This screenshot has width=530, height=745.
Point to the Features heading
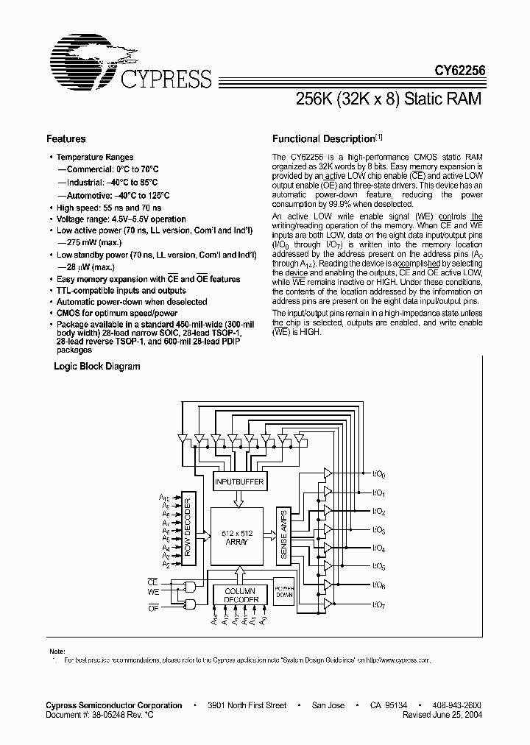[x=66, y=139]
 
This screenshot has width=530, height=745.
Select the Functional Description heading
[x=324, y=139]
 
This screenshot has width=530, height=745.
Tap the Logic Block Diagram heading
[x=97, y=367]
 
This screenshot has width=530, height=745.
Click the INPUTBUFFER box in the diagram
[x=239, y=482]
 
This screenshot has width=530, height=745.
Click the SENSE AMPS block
[x=283, y=535]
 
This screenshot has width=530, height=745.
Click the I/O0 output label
[x=379, y=475]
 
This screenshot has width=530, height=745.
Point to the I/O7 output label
[x=379, y=604]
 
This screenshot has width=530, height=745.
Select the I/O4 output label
[x=379, y=548]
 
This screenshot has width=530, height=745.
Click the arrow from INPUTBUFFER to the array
[x=238, y=499]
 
